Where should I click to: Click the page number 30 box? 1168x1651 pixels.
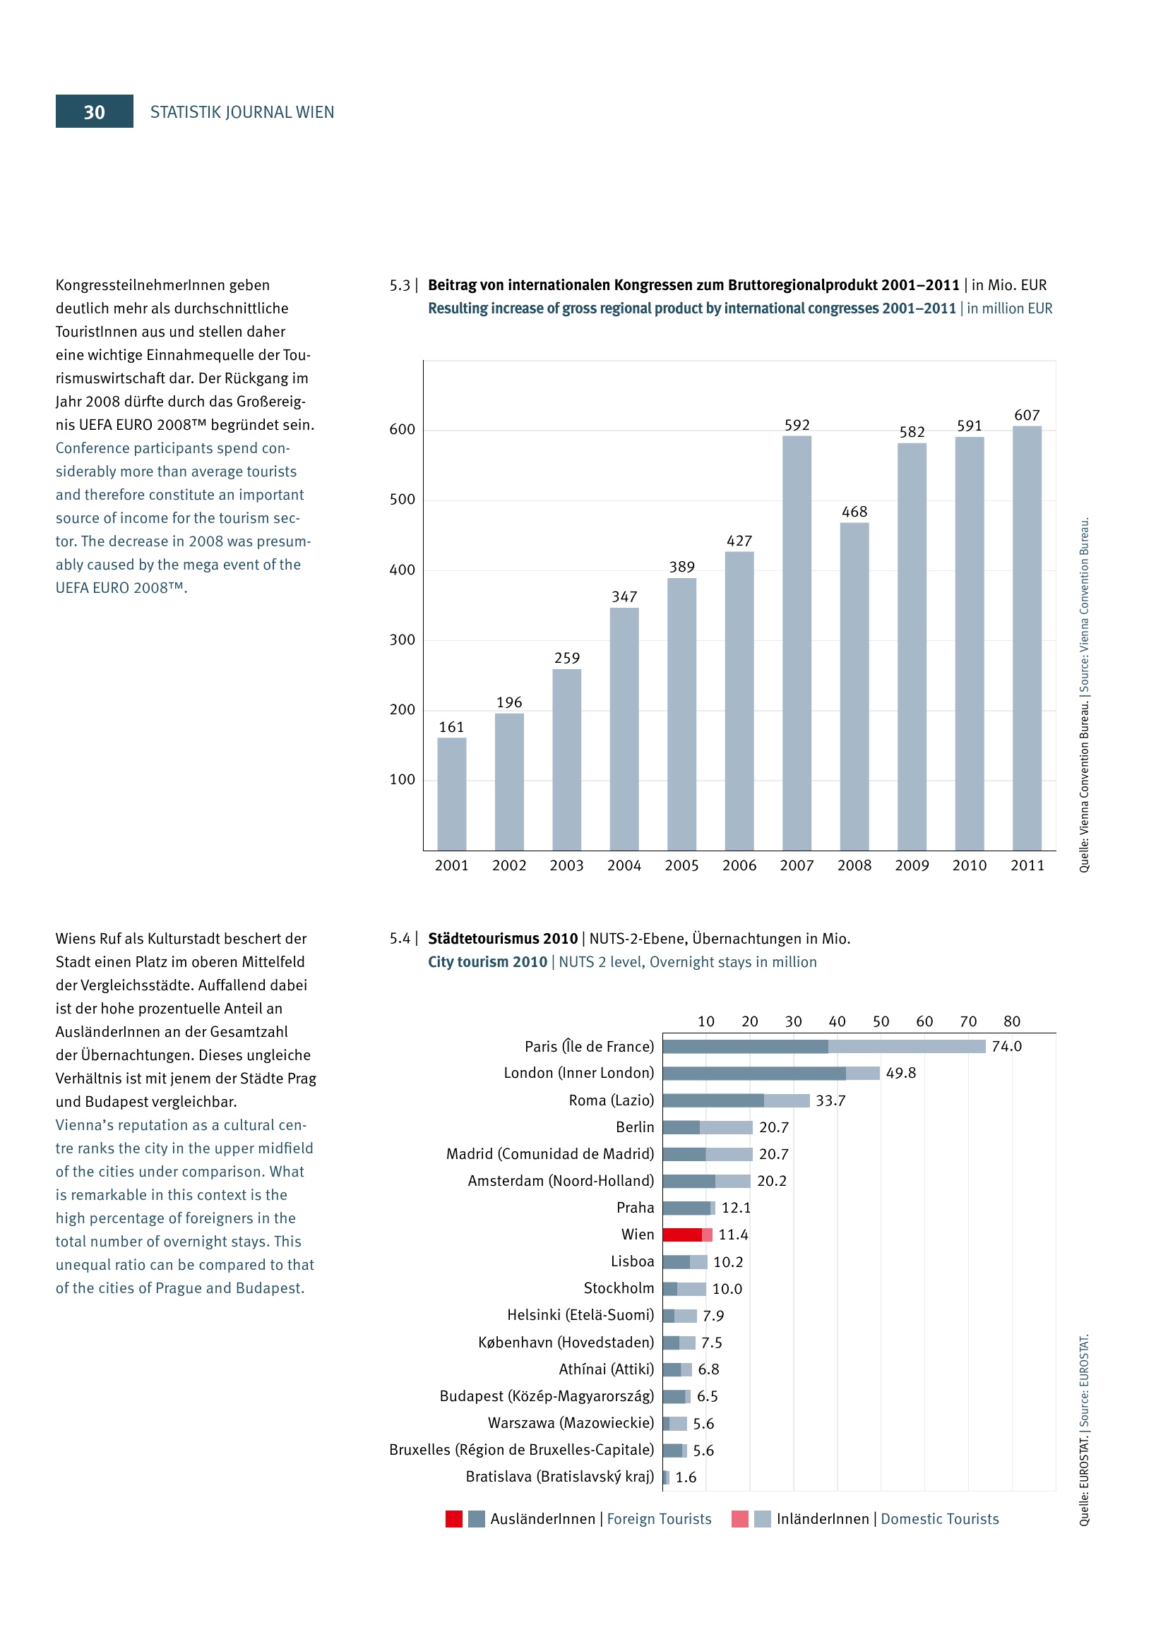94,112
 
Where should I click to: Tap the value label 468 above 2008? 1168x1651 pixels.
854,512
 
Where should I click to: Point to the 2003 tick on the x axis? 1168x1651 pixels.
566,866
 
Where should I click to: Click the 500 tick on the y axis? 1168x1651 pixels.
402,500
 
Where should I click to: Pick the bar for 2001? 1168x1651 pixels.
451,794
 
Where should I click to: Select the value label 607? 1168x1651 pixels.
1026,416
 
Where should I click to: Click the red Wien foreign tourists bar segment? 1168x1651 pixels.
682,1235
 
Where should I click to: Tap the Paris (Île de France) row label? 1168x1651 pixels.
589,1047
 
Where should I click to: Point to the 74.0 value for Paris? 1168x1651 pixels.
1006,1047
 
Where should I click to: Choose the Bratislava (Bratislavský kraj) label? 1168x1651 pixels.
559,1477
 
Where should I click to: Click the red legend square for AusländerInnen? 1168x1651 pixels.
454,1519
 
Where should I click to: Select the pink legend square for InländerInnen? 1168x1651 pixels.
739,1519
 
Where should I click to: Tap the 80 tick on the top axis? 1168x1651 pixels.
1011,1022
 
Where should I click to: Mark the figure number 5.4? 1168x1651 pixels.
400,939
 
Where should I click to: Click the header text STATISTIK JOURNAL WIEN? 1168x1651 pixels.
242,112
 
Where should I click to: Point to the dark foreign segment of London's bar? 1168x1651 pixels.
753,1074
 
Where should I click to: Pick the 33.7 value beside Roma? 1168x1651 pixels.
830,1101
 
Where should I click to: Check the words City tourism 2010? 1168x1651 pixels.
487,962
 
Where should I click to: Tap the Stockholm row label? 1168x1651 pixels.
619,1288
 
